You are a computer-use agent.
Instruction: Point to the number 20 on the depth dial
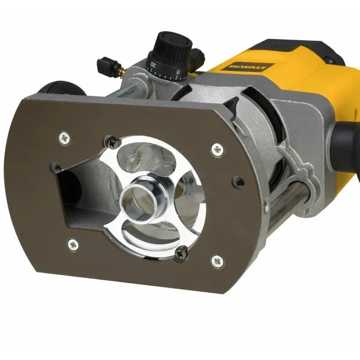pos(153,64)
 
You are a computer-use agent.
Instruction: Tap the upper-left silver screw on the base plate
pos(64,137)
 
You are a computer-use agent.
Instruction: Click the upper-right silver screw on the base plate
pos(215,147)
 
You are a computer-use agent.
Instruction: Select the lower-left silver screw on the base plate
pos(73,244)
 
